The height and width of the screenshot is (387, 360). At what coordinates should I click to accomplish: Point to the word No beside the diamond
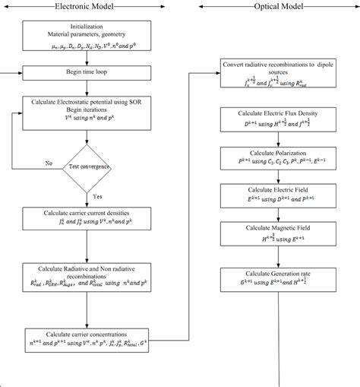point(49,163)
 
